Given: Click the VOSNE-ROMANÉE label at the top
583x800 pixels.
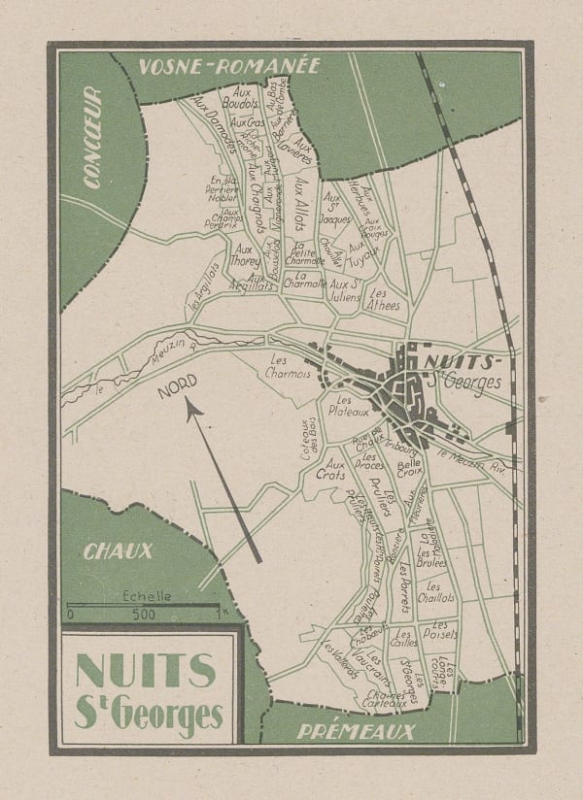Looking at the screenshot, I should point(228,67).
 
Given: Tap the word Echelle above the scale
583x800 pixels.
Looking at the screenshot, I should point(143,597).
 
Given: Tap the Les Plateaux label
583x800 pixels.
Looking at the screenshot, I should point(348,405).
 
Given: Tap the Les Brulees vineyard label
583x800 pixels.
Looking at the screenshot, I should point(430,557).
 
